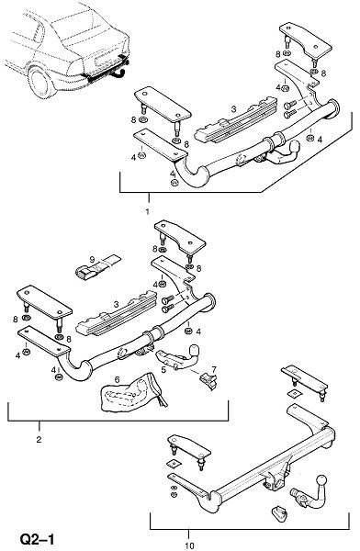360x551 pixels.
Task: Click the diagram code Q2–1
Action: [x=38, y=539]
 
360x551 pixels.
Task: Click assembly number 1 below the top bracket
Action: [x=148, y=211]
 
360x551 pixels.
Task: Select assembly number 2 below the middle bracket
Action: [x=39, y=439]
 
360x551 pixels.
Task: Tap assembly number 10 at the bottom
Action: [x=189, y=545]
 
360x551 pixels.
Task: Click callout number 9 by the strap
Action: [x=92, y=260]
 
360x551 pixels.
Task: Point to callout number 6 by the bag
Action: [x=117, y=379]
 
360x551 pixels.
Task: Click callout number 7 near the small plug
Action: [x=214, y=369]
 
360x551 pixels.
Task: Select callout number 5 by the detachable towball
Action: [x=163, y=370]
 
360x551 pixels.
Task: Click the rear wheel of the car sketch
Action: [x=40, y=83]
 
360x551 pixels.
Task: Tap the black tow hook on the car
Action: [x=120, y=73]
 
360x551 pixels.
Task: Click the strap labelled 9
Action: [x=98, y=267]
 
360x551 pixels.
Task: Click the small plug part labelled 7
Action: [x=208, y=381]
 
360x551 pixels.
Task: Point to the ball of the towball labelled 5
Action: [x=194, y=351]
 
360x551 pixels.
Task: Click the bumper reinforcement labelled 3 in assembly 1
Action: [x=236, y=119]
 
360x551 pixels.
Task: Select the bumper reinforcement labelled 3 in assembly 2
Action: [x=117, y=313]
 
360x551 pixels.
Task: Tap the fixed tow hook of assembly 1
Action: [x=286, y=154]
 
